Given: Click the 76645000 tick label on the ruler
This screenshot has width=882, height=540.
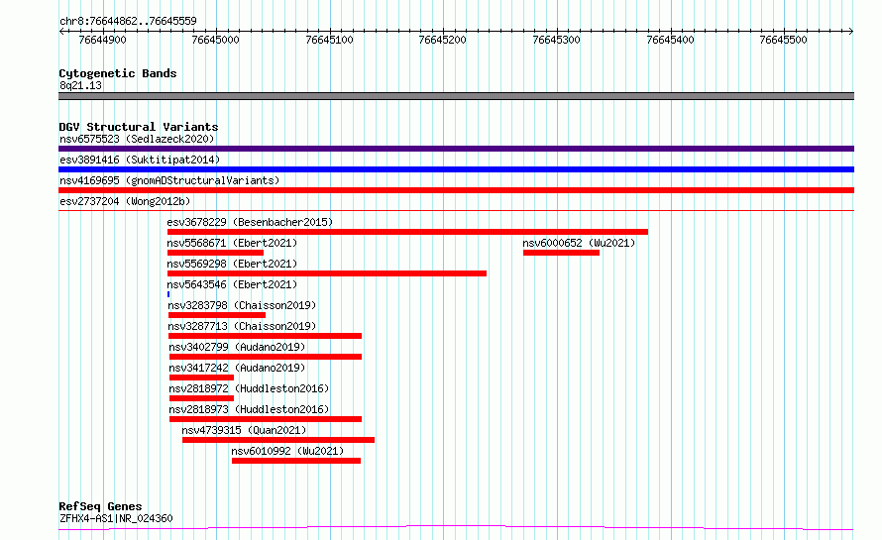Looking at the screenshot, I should coord(215,40).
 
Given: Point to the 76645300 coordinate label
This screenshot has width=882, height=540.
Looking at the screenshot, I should coord(556,40).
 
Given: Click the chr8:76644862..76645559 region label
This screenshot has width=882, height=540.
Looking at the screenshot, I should coord(127,21).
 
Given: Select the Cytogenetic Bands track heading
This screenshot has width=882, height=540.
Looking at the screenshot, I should coord(117,73).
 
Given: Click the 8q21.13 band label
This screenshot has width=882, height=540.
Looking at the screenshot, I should coord(80,85).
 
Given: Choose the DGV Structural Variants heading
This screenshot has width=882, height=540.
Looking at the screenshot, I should coord(138,127).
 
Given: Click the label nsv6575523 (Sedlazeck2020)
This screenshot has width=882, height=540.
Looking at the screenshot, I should coord(136,139).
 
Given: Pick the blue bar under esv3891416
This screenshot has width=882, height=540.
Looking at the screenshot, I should coord(456,169).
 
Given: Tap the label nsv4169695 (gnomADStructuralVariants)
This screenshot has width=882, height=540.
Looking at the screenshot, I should coord(168,180).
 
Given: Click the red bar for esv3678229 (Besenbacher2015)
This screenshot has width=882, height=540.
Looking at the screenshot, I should coord(407,232).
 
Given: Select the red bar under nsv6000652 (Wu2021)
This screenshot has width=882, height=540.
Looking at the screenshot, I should coord(561,253).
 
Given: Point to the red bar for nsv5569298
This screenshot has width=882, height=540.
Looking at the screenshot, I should coord(327,273).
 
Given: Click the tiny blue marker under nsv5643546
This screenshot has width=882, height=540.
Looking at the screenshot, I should coord(168,294).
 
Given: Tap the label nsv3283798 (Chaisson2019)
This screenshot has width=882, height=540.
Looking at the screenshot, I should coord(242,305).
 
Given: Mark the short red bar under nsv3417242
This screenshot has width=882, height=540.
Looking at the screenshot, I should coord(201,378).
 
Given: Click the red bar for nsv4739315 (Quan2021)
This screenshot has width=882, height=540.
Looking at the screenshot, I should coord(277,440).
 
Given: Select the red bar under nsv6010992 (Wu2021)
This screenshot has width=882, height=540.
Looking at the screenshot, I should coord(295,461).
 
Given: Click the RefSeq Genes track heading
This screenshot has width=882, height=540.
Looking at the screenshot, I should coord(100,507).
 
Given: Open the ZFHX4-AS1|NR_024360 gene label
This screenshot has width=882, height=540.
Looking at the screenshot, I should coord(115,518).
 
